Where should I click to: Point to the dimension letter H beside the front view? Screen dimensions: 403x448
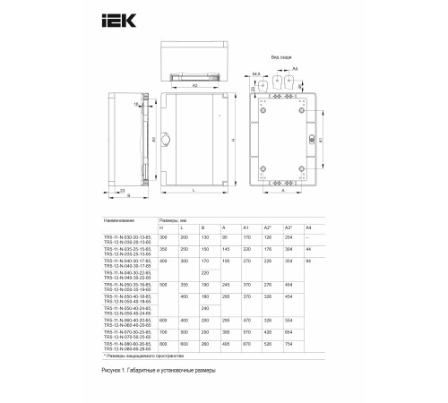click(231, 141)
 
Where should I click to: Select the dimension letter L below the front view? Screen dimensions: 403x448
click(193, 192)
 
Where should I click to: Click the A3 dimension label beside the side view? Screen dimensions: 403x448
click(154, 141)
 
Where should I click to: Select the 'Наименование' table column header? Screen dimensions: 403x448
click(119, 219)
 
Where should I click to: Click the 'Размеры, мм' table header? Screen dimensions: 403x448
click(176, 219)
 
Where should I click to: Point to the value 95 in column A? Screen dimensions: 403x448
click(224, 236)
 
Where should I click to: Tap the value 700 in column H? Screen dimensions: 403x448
click(162, 330)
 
